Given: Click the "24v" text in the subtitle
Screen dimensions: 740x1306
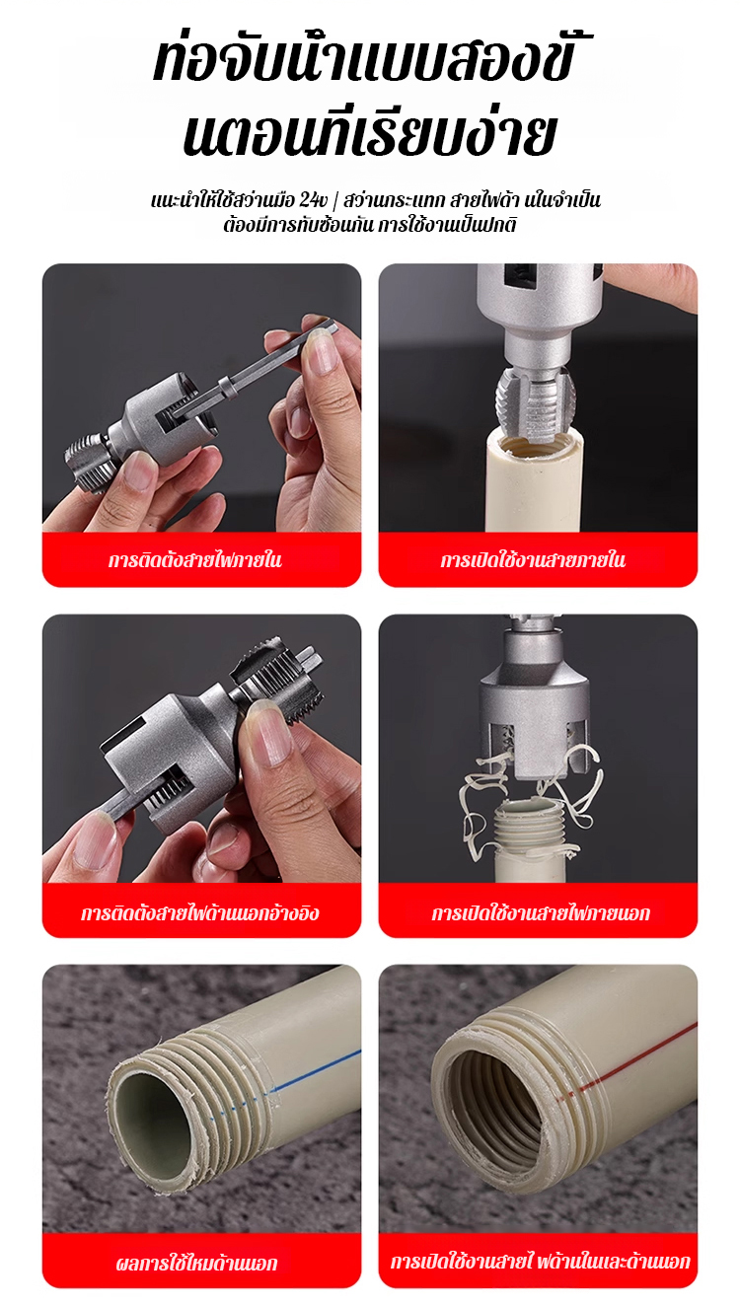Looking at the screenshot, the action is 313,199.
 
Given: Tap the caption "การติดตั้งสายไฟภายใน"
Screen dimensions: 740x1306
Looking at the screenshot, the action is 195,559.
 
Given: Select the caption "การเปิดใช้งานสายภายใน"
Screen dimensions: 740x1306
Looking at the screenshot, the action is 533,559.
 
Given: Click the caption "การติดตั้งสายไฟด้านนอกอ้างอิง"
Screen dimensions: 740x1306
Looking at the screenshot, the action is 200,912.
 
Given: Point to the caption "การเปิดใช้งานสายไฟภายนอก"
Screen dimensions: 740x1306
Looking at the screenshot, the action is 541,912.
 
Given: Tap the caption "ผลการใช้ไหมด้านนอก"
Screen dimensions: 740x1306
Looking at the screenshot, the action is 196,1263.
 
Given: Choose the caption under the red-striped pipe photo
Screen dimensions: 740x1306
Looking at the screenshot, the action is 540,1262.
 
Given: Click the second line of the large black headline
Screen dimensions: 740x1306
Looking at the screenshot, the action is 369,135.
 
